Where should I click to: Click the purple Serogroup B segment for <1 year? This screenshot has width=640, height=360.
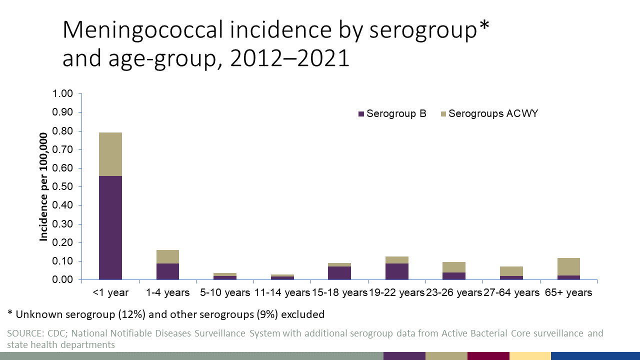(x=110, y=227)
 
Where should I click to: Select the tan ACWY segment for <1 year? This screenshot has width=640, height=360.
(x=110, y=154)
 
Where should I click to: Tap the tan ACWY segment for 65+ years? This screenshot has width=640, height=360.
(x=568, y=266)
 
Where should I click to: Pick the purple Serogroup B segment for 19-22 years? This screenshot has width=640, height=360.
(x=396, y=271)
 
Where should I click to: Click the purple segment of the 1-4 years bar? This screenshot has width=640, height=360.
(x=167, y=271)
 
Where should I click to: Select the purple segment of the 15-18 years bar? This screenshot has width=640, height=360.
(x=339, y=272)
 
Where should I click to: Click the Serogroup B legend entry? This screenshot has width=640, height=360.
(x=392, y=113)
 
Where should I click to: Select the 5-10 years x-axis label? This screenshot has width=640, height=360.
(x=224, y=292)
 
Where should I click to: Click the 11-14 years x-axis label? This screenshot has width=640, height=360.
(x=282, y=292)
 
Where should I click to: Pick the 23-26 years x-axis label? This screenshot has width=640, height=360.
(x=454, y=292)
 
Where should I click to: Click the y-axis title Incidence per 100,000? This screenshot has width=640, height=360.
(x=44, y=187)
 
